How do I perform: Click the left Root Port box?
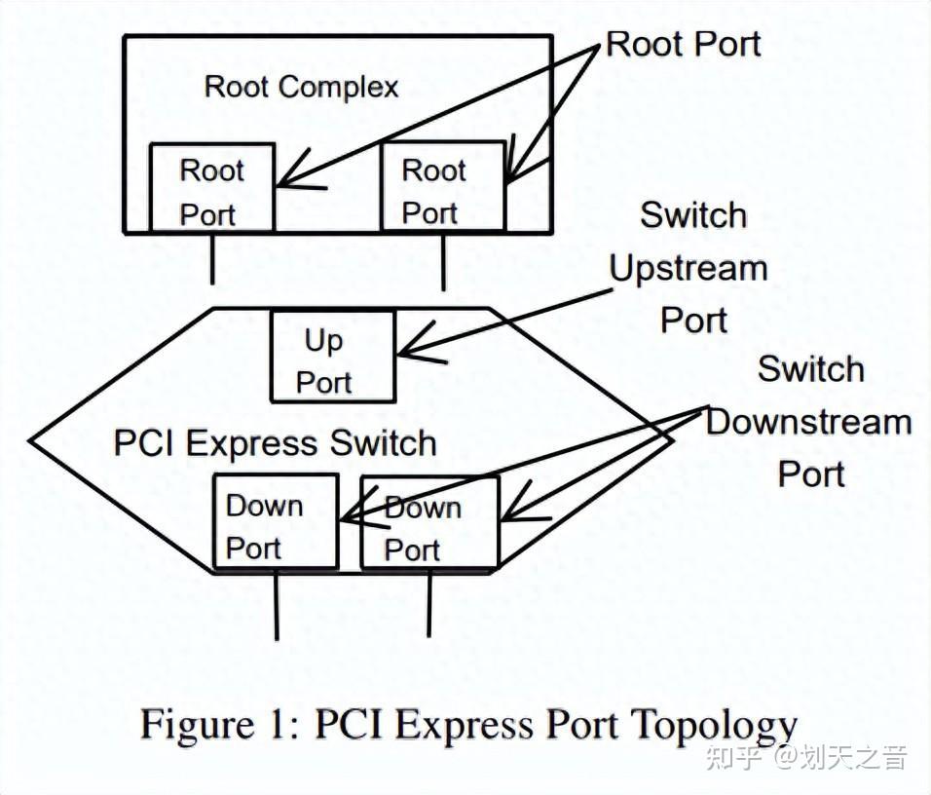point(211,188)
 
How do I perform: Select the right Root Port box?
point(442,188)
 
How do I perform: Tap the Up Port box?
point(332,357)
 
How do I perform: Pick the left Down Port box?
point(276,522)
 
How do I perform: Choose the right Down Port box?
point(429,522)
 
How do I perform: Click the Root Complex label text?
point(301,87)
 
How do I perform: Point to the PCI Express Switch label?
point(275,443)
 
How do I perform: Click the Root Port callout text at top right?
point(683,44)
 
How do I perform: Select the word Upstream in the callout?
point(689,268)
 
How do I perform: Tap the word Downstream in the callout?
point(808,423)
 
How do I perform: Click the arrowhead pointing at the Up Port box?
point(407,346)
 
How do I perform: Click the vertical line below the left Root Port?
point(211,258)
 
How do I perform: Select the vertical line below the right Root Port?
point(443,261)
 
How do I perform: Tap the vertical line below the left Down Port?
point(277,604)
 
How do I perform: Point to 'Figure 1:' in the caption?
point(220,725)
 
